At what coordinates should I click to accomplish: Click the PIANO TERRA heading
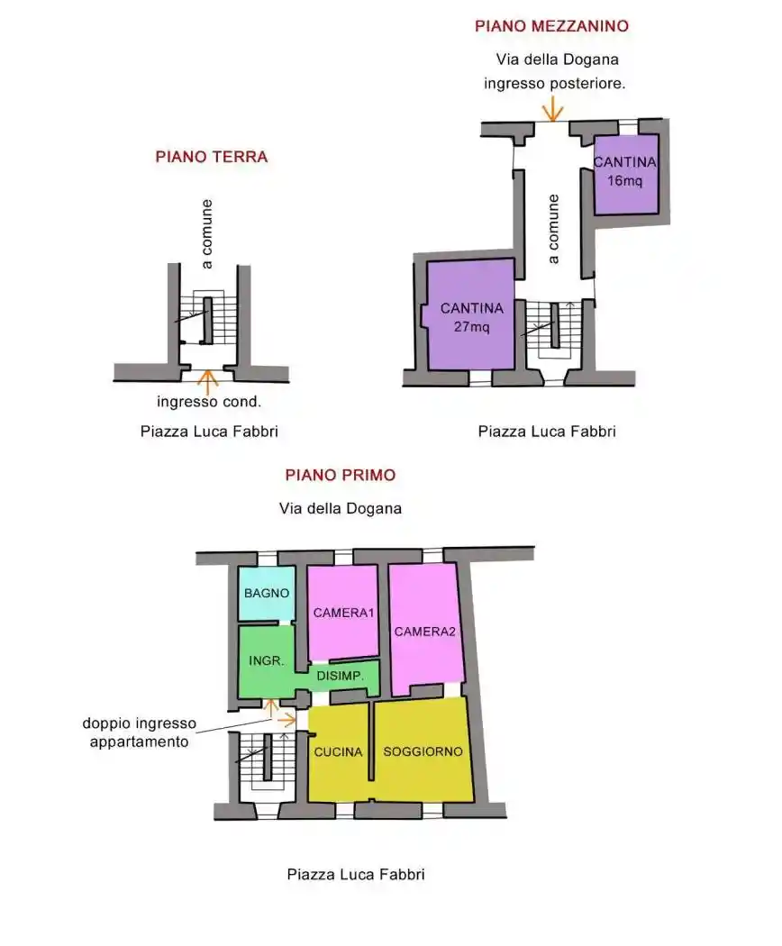[211, 157]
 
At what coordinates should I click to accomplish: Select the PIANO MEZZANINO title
[551, 26]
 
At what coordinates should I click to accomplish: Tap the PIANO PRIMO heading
[341, 475]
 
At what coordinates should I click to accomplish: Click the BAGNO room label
[267, 593]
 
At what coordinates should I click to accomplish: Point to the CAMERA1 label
[343, 613]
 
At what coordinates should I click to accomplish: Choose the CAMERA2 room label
[425, 632]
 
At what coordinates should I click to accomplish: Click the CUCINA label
[338, 751]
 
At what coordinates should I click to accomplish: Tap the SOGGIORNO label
[423, 751]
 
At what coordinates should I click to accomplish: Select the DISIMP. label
[341, 676]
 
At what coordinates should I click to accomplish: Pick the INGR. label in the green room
[266, 660]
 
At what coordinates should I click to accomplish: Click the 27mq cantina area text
[471, 327]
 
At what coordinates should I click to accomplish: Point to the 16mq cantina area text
[624, 180]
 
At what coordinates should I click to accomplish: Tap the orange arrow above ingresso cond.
[208, 381]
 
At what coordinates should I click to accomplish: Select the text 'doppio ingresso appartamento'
[140, 732]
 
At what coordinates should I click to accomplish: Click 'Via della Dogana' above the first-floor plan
[341, 509]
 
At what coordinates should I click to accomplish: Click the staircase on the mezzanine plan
[553, 329]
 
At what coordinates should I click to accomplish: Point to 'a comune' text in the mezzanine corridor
[552, 229]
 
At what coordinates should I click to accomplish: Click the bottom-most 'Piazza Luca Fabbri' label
[356, 874]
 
